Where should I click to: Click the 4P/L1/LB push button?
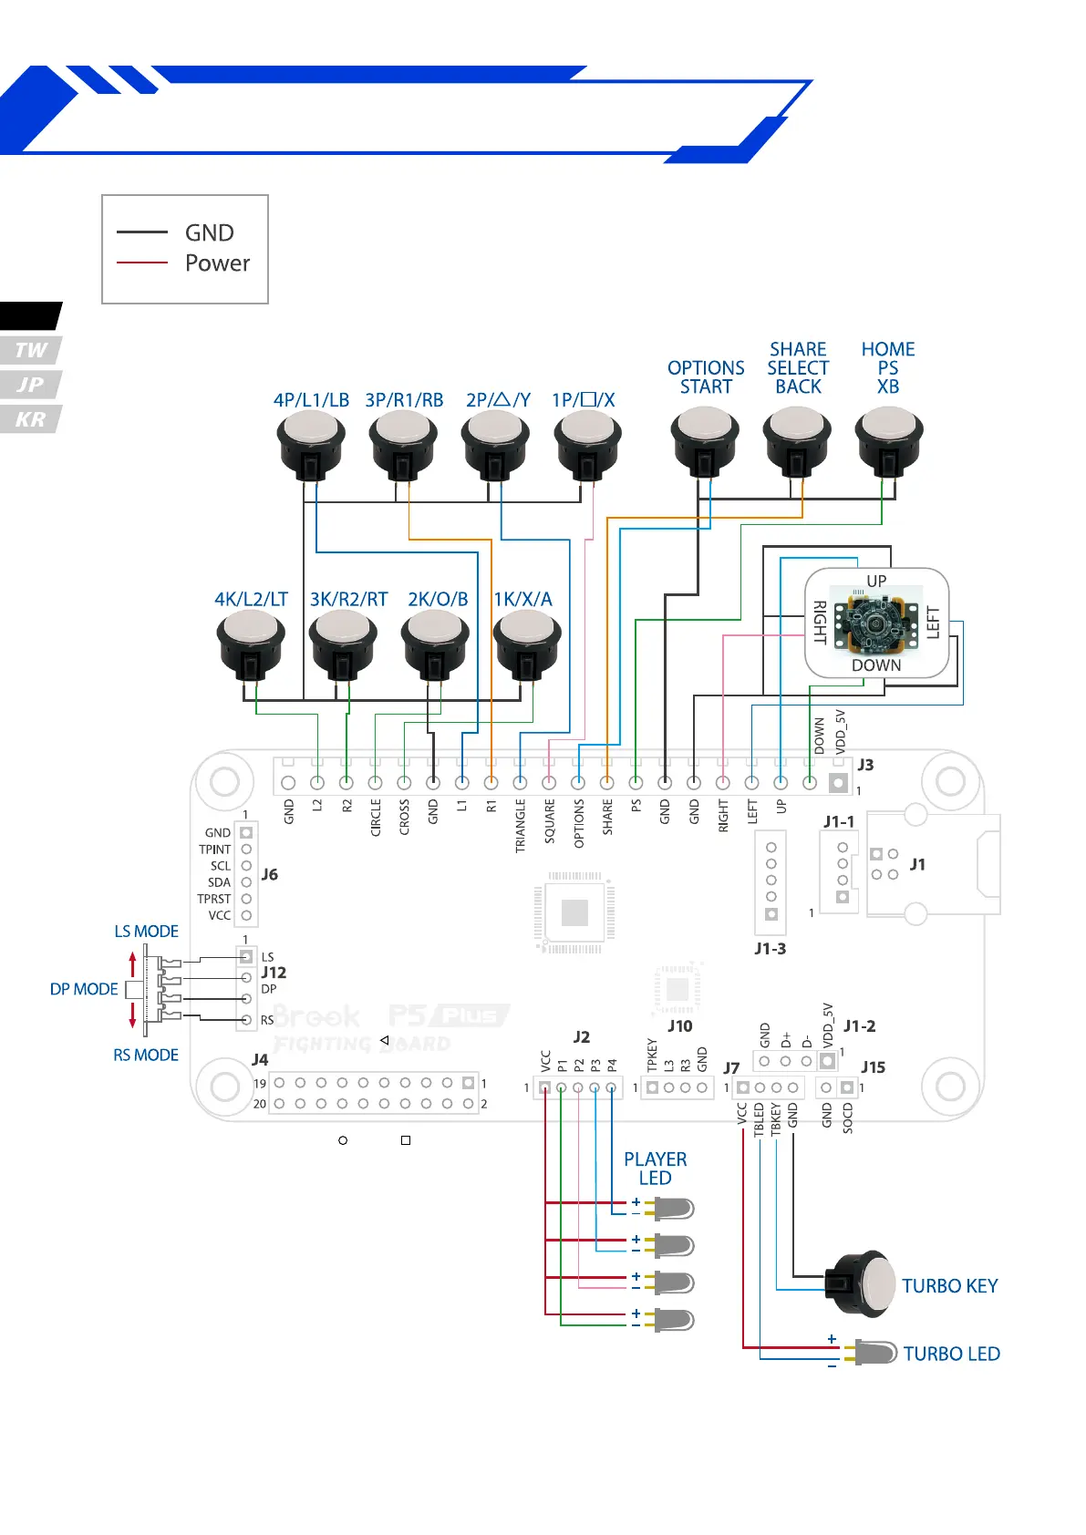click(311, 441)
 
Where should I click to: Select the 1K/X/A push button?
click(526, 640)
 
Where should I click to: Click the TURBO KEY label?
click(949, 1286)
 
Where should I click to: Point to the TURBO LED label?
click(951, 1355)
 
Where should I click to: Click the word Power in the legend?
click(217, 263)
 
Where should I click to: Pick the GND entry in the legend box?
click(210, 233)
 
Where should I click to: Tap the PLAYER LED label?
click(655, 1169)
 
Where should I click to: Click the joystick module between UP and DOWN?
click(875, 624)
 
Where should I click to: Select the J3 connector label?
click(865, 765)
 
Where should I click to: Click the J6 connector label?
click(270, 874)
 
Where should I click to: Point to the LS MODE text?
click(146, 932)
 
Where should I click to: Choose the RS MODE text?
click(146, 1056)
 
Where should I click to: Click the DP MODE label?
click(84, 990)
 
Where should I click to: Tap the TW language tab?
click(30, 350)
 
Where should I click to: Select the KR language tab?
click(30, 419)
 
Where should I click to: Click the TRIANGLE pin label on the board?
click(521, 825)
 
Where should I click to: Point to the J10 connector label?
click(680, 1026)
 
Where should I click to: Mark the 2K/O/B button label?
click(438, 600)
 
